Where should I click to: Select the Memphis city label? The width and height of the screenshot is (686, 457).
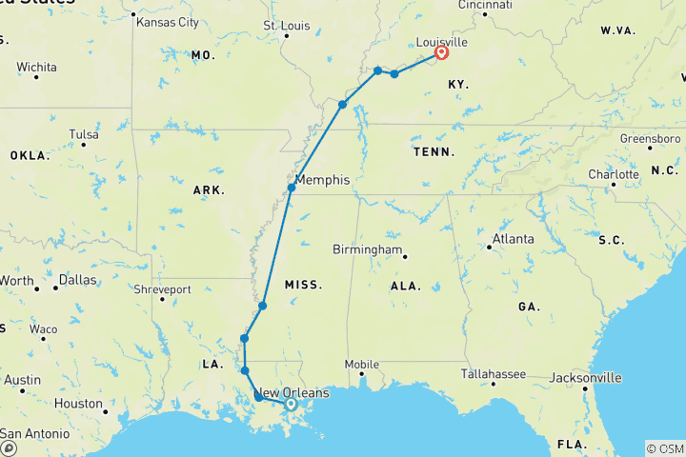point(323,180)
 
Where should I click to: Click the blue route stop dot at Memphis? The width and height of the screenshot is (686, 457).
point(292,189)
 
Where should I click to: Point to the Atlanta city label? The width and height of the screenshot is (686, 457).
point(514,239)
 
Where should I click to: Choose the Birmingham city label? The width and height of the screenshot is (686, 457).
point(367,249)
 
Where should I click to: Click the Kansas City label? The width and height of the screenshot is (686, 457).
point(168,21)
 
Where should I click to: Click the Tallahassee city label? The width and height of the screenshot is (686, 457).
point(493,374)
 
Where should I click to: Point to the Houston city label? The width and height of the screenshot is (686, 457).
point(78,404)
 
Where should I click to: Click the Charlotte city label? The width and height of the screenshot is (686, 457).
point(613,175)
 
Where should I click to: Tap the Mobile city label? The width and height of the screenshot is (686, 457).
point(362,364)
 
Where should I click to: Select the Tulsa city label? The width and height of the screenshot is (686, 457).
point(83,134)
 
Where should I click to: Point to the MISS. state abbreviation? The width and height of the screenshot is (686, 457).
point(303,284)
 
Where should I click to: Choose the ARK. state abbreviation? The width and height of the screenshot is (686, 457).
point(209,190)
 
